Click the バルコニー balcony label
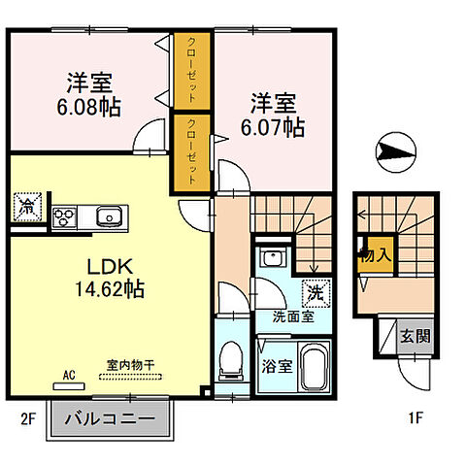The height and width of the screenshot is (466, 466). tap(110, 420)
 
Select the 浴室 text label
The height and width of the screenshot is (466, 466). tap(277, 366)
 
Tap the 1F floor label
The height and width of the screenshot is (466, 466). tap(415, 420)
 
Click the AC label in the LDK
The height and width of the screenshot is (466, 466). tap(69, 373)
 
